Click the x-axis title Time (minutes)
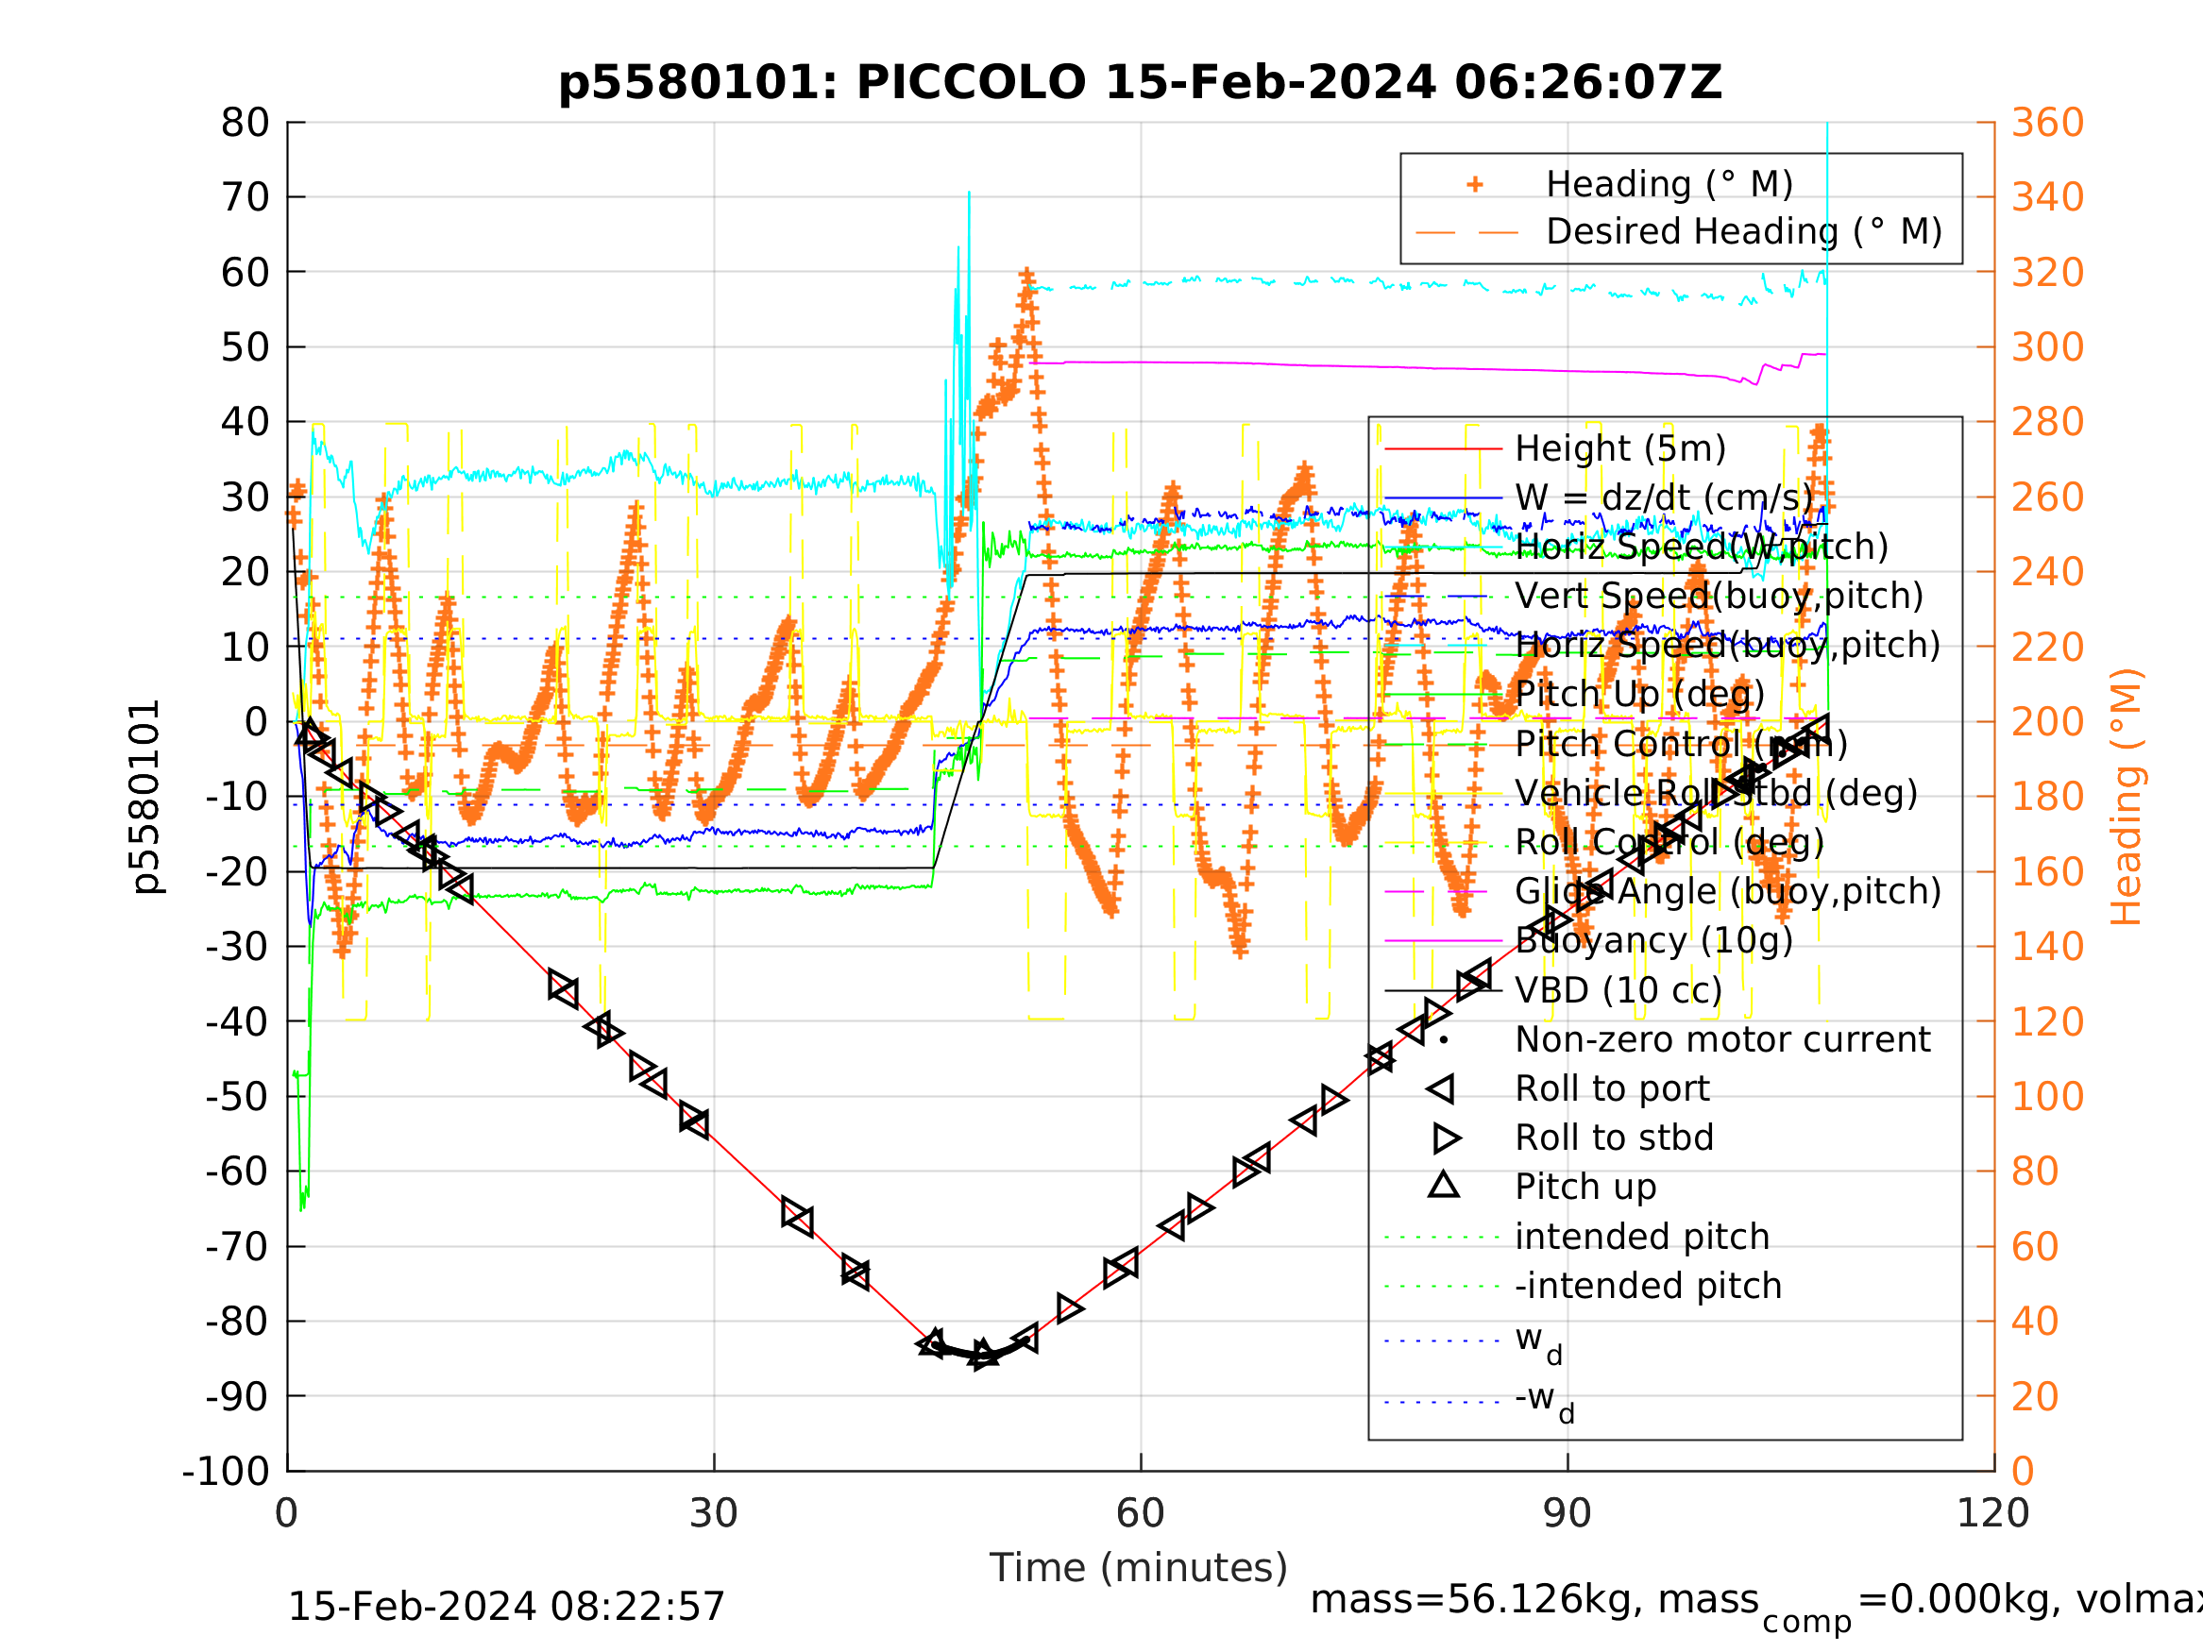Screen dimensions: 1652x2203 (x=1139, y=1567)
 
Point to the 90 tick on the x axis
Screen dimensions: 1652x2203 (x=1567, y=1513)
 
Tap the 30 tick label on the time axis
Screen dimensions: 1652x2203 (x=713, y=1513)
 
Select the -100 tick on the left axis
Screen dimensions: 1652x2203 (x=226, y=1471)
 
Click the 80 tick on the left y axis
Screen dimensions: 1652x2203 (x=245, y=124)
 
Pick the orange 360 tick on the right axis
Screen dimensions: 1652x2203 (x=2047, y=124)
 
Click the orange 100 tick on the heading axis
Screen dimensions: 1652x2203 (x=2047, y=1096)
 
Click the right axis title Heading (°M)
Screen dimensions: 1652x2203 (x=2126, y=797)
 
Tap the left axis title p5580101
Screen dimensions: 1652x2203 (x=146, y=797)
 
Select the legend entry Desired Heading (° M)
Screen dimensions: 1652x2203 (x=1743, y=232)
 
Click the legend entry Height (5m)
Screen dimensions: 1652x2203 (x=1620, y=449)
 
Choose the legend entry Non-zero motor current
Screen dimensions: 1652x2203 (x=1722, y=1039)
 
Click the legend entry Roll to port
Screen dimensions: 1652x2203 (x=1613, y=1088)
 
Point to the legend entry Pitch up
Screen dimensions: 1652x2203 (x=1585, y=1187)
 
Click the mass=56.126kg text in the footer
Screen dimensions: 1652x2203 (x=1534, y=1599)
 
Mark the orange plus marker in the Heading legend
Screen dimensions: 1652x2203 (x=1475, y=184)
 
